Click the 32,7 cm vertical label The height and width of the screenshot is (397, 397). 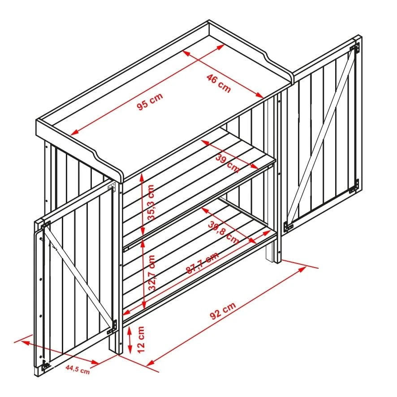[x=152, y=273]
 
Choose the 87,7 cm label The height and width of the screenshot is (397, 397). [x=202, y=263]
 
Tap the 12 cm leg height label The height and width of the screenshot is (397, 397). [x=141, y=339]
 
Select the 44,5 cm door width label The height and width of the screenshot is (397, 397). [x=77, y=369]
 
